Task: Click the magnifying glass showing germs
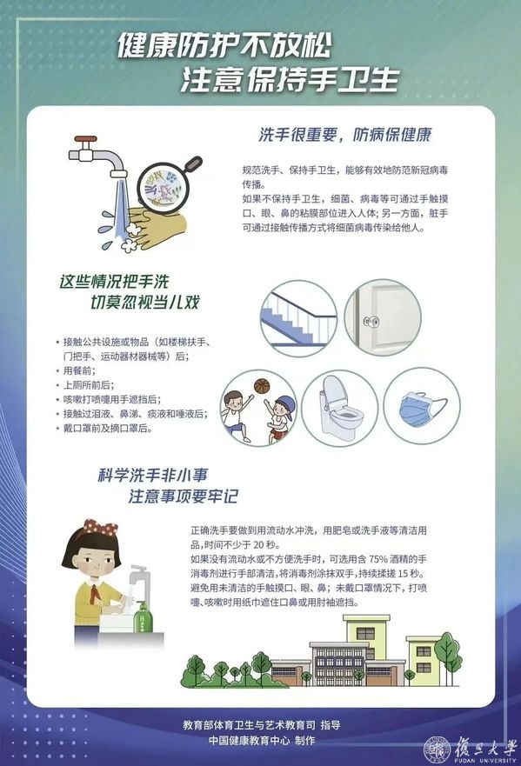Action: (167, 186)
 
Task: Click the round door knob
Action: (370, 321)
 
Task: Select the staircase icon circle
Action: (298, 318)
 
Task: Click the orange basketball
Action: (262, 386)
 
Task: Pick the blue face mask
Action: (419, 408)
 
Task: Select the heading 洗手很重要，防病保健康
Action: (345, 135)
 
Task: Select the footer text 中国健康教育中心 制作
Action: (262, 741)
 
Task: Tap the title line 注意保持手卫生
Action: (291, 80)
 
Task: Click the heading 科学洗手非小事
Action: (153, 475)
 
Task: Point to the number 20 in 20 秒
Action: (259, 544)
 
